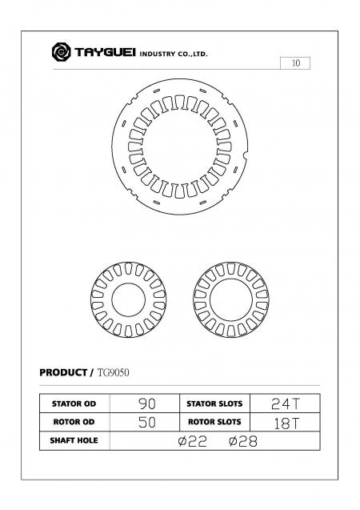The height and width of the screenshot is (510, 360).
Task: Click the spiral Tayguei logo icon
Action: [61, 53]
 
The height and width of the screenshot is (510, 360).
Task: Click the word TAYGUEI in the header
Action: [104, 54]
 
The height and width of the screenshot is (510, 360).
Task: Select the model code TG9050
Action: [113, 373]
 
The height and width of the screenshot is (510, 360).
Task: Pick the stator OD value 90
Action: [146, 403]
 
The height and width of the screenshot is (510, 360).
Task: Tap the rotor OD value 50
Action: [146, 422]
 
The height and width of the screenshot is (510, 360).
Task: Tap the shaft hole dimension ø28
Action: [242, 441]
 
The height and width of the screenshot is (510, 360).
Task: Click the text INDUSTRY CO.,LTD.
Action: [174, 54]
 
